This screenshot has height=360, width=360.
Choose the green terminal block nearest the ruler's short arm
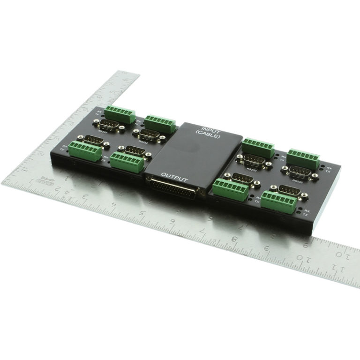[x=120, y=113]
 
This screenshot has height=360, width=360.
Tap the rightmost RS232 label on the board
[x=297, y=180]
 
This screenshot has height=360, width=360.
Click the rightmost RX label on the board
[x=329, y=167]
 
